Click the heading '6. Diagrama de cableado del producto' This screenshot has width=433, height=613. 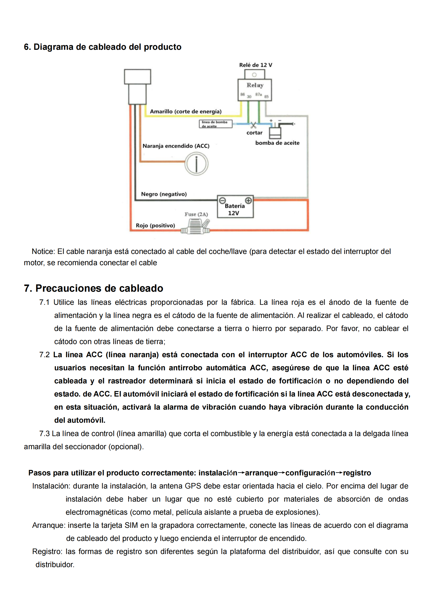click(103, 47)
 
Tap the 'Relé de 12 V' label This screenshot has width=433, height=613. click(256, 65)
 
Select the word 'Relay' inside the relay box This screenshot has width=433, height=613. click(255, 85)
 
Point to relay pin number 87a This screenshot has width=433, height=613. click(258, 95)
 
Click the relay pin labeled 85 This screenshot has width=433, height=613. click(266, 97)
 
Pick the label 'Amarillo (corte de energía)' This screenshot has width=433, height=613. click(186, 112)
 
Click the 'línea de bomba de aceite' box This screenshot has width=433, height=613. click(215, 124)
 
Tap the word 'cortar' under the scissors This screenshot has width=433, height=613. click(254, 133)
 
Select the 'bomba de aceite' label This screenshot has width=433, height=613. click(277, 143)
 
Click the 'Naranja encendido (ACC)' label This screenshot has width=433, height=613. click(176, 146)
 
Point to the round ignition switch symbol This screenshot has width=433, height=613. click(197, 164)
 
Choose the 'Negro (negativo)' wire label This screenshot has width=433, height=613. click(164, 194)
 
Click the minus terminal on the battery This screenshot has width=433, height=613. click(222, 200)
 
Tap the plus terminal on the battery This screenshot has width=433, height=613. click(248, 200)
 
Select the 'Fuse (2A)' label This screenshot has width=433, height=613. click(196, 214)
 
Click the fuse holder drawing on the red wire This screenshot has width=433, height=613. click(196, 226)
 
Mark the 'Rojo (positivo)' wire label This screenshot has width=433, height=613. click(156, 226)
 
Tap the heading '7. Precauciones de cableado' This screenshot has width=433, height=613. click(93, 288)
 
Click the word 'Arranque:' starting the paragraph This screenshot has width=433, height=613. click(49, 525)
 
